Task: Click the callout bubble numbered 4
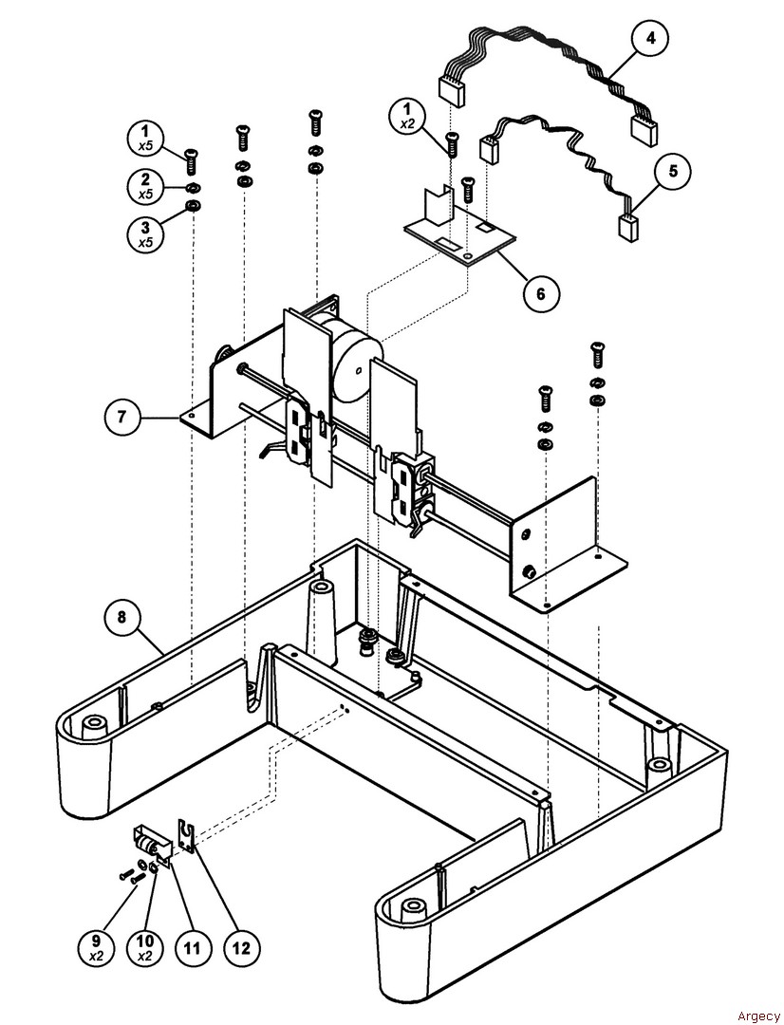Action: [x=650, y=39]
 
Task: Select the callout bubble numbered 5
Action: [x=673, y=172]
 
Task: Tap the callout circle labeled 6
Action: [x=541, y=293]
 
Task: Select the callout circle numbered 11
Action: [x=193, y=946]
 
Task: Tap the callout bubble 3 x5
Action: [x=146, y=231]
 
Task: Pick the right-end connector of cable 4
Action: [x=644, y=130]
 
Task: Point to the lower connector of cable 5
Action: [x=628, y=227]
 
